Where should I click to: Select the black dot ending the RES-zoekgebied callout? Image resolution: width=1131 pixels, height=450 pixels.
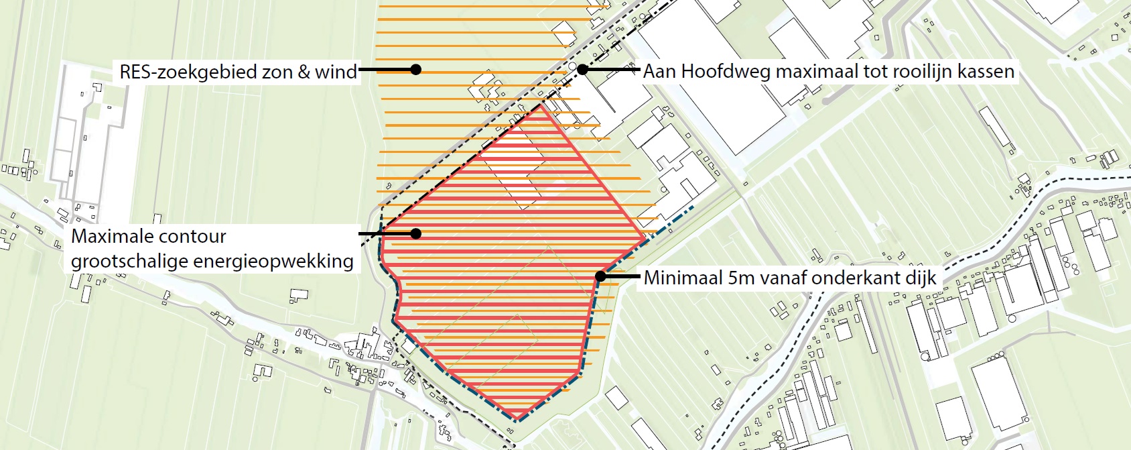pyautogui.click(x=415, y=69)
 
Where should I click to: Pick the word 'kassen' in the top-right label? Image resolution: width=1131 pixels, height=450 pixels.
pyautogui.click(x=986, y=71)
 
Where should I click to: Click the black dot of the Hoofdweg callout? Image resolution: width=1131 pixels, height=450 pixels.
pyautogui.click(x=582, y=69)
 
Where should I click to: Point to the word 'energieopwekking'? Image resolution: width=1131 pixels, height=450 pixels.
pyautogui.click(x=273, y=261)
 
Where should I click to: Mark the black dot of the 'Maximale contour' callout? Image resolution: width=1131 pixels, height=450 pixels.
pyautogui.click(x=415, y=233)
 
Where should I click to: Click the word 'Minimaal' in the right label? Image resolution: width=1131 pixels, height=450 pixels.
pyautogui.click(x=683, y=278)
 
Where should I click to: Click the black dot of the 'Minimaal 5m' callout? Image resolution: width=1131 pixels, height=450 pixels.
pyautogui.click(x=600, y=276)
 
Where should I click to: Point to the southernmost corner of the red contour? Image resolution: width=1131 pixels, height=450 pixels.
pyautogui.click(x=517, y=420)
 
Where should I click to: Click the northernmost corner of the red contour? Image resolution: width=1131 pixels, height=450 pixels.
pyautogui.click(x=543, y=106)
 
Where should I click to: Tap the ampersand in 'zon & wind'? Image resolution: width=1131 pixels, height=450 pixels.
pyautogui.click(x=304, y=72)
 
